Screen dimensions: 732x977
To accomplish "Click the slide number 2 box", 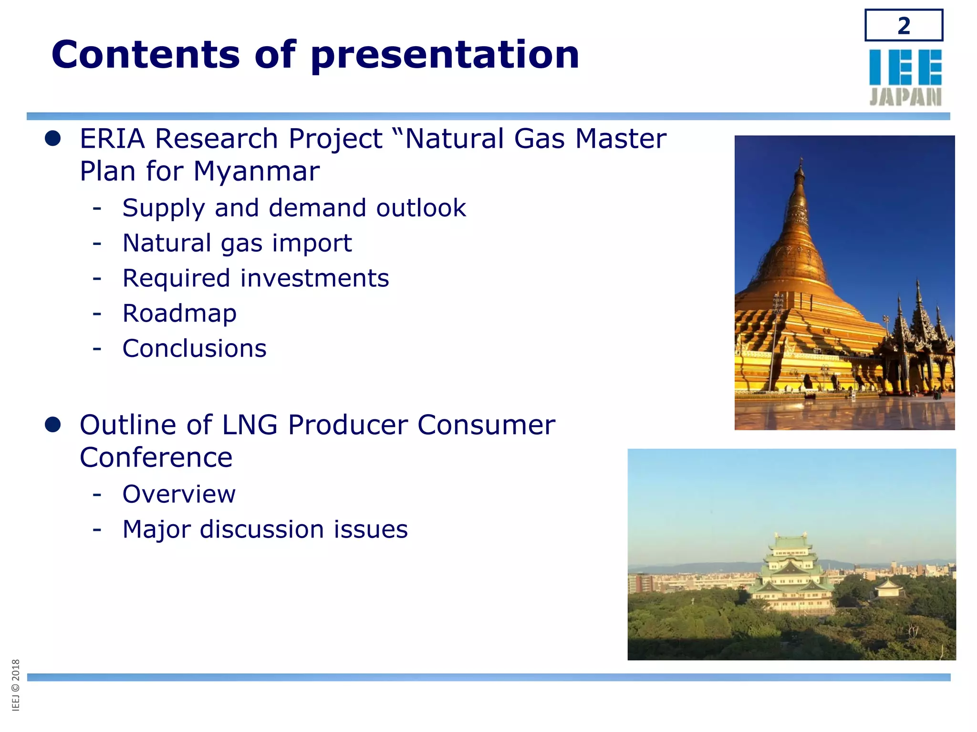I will click(904, 25).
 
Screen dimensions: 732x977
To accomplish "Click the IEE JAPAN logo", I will click(905, 77).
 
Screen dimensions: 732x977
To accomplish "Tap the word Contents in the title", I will click(146, 55).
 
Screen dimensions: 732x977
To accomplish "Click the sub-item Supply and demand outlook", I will click(294, 208).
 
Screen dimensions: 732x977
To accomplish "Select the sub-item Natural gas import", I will click(237, 244).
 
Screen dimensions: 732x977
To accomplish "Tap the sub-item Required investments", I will click(256, 278).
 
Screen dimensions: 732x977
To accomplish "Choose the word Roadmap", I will click(179, 314).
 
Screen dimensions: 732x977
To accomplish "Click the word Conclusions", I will click(194, 348).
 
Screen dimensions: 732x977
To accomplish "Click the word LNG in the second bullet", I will click(250, 425).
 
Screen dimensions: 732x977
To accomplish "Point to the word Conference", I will click(156, 458).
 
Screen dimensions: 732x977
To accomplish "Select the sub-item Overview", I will click(179, 494).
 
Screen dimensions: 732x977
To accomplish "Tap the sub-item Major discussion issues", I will click(265, 529).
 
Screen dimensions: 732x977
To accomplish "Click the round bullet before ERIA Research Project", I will click(52, 139).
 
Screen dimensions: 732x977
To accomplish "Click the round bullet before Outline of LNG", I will click(52, 425).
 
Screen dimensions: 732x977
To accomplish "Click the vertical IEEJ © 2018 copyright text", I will click(16, 685).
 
